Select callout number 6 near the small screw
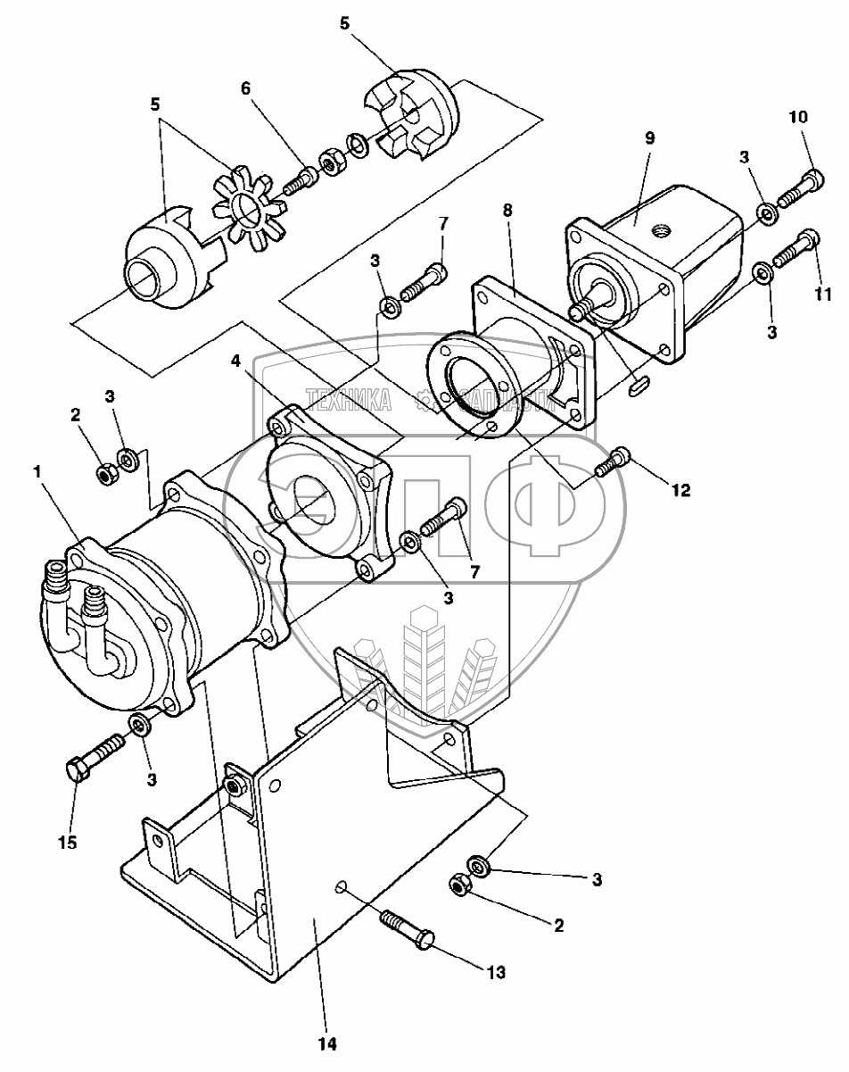click(246, 88)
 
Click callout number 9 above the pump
click(649, 139)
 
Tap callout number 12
click(680, 490)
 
